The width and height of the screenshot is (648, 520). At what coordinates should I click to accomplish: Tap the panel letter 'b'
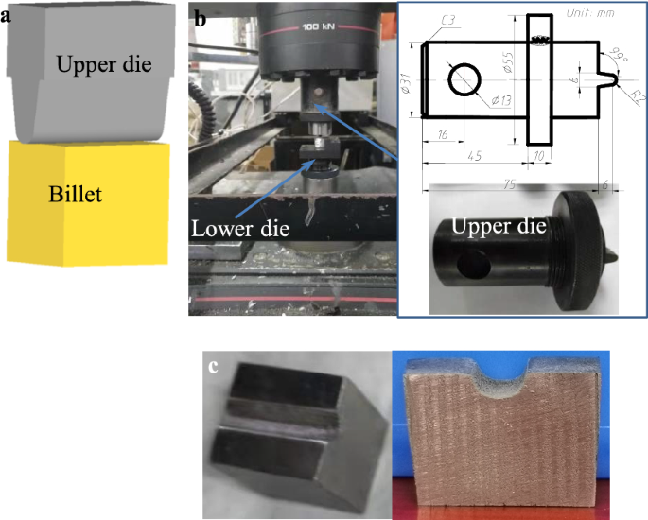click(x=201, y=16)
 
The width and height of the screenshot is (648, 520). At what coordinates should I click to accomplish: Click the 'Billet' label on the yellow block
click(x=76, y=196)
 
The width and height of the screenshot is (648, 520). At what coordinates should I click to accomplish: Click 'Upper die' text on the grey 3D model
click(x=103, y=65)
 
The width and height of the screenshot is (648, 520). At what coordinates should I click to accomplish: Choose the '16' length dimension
click(x=442, y=135)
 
